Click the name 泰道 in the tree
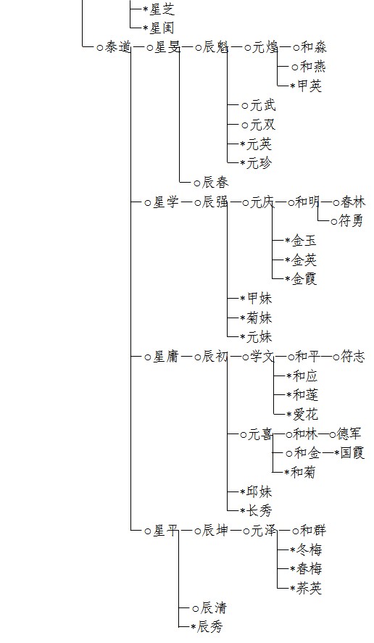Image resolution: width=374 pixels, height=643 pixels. (118, 48)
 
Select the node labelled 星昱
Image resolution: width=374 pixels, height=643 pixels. (167, 48)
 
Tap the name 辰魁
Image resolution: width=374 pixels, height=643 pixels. (215, 48)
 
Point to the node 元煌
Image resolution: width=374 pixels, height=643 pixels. (265, 48)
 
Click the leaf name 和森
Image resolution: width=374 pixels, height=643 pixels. (313, 48)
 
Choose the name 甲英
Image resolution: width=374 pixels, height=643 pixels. (309, 86)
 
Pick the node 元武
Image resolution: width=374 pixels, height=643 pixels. (263, 106)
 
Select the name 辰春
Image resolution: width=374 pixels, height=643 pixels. (215, 183)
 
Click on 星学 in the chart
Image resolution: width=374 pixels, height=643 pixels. (166, 202)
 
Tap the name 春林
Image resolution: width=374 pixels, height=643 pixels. (352, 202)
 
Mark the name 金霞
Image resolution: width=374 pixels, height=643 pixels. (304, 280)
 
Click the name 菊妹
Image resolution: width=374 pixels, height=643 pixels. (259, 318)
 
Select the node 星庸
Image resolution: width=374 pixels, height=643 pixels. (166, 357)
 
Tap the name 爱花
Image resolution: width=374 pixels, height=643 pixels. (305, 415)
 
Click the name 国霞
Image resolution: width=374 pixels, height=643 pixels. (352, 453)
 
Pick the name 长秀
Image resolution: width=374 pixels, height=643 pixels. (259, 511)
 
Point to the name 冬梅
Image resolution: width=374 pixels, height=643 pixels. (309, 550)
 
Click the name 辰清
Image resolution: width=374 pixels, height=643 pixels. (214, 607)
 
